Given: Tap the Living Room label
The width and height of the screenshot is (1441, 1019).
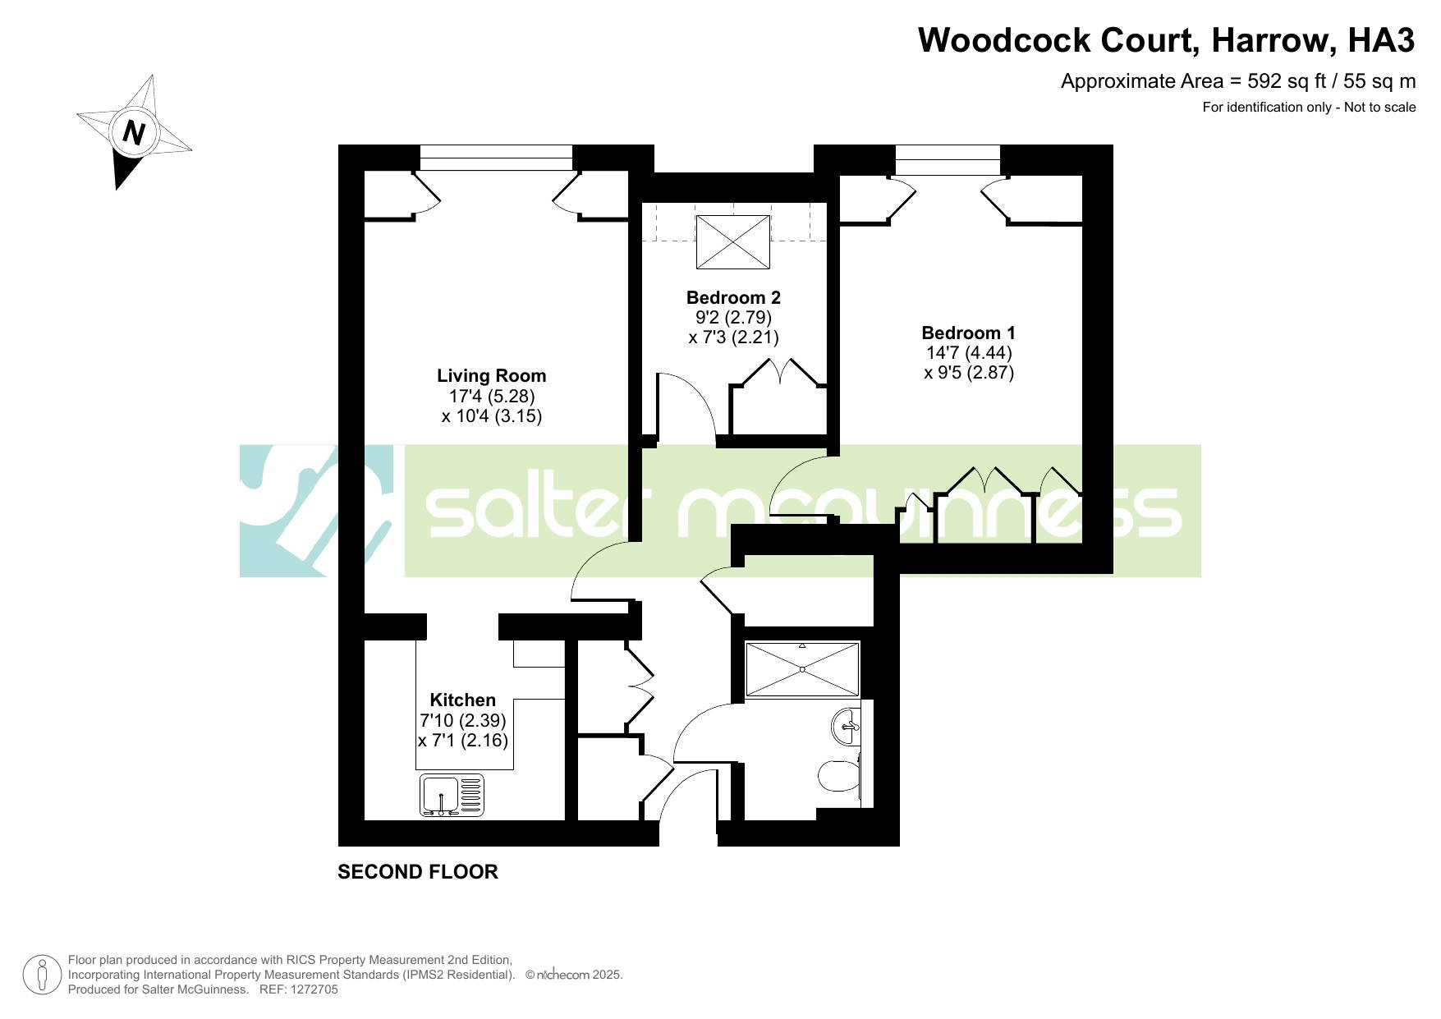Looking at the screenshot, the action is point(491,376).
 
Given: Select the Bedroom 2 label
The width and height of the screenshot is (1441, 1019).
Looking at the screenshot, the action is point(733,297).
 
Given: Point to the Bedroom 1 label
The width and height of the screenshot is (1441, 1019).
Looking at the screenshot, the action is point(968,333).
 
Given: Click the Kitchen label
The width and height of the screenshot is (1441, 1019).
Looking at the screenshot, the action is point(463,700).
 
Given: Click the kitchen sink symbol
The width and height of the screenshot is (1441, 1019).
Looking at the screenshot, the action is point(452,796).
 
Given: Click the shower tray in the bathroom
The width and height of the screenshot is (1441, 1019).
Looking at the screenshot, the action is point(802,669).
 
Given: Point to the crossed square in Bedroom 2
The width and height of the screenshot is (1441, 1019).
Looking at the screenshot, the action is point(733,241).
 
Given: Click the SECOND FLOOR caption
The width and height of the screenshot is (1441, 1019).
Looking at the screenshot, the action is point(418,872).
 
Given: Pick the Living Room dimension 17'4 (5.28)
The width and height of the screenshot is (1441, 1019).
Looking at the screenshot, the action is point(491,396).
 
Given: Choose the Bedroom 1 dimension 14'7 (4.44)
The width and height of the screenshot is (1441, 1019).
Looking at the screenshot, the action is point(969,352).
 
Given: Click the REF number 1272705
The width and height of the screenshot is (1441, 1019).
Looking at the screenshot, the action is point(310,989).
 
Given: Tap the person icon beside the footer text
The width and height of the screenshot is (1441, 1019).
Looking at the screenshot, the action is point(42,975).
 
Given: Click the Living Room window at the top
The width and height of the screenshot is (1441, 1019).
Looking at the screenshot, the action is point(496,158).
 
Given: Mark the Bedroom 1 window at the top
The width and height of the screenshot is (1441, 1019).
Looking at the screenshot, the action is point(948,160).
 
